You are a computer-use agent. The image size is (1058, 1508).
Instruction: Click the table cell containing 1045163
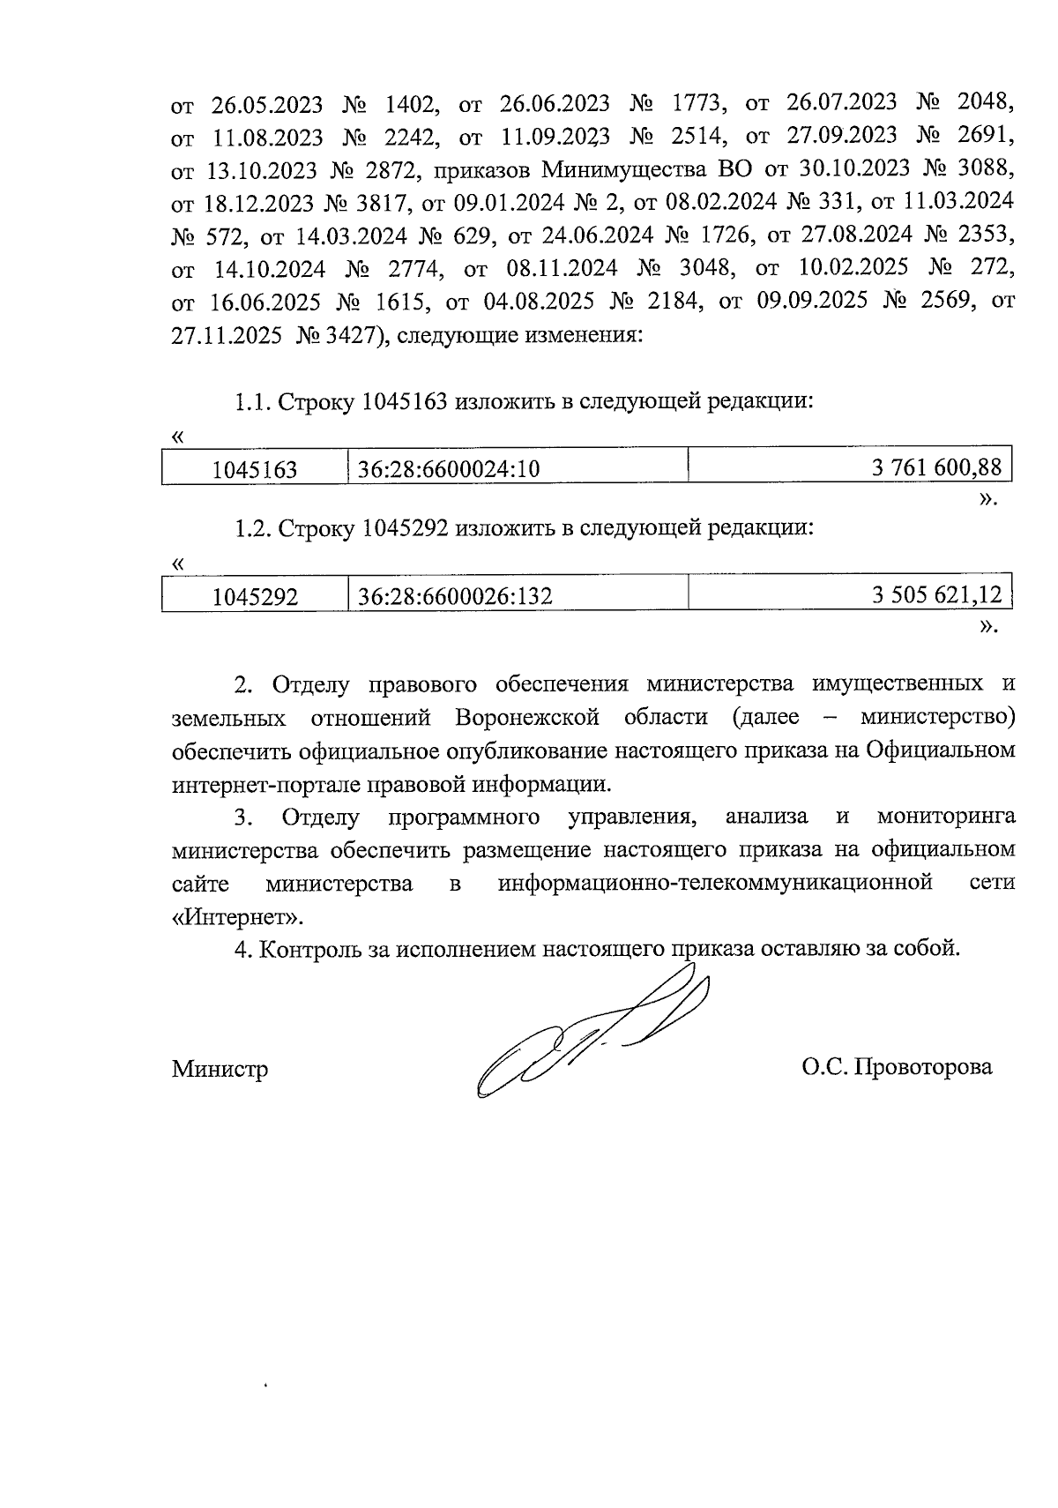point(255,470)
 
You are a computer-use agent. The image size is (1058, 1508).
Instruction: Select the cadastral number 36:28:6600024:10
point(448,470)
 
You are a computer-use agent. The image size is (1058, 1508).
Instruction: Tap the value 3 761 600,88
point(937,468)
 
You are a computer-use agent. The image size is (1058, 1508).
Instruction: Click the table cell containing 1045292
point(255,597)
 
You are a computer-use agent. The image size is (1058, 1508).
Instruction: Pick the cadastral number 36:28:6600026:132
point(455,597)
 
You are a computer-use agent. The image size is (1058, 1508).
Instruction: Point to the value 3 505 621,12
point(937,595)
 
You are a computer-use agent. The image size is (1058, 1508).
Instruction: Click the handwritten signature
point(591,1032)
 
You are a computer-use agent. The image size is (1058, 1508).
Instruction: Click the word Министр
point(220,1070)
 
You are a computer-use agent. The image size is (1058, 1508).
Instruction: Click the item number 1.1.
point(252,402)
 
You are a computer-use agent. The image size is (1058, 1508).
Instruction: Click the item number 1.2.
point(252,528)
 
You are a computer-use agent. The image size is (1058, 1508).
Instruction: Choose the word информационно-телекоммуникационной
point(714,883)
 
